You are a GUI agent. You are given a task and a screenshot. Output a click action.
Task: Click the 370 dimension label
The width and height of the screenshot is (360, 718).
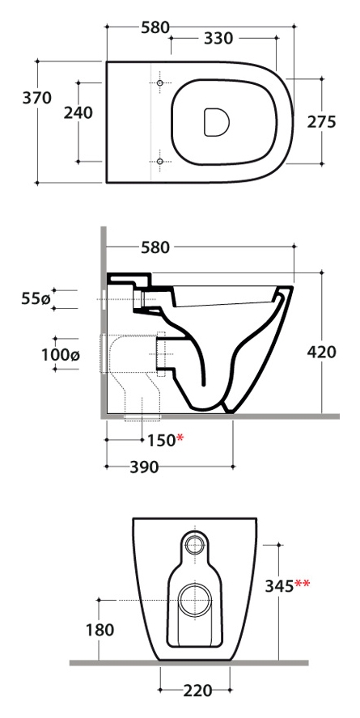coord(37,98)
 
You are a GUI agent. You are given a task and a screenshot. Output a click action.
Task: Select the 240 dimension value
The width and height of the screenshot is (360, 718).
coord(78,112)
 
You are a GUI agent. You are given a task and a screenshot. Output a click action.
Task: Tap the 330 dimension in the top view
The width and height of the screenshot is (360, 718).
coord(218,39)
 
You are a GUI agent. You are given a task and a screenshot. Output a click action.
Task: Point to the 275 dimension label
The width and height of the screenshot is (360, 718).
coord(321,122)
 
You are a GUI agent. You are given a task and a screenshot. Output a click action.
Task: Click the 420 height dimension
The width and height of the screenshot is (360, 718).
coord(321,353)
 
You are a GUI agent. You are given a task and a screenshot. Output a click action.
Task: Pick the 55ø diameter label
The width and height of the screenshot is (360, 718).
coord(36,299)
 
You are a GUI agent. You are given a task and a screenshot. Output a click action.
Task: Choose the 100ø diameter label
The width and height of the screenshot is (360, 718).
coord(61,354)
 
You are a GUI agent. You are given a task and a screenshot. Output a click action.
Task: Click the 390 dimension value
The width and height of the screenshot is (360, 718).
coord(144,467)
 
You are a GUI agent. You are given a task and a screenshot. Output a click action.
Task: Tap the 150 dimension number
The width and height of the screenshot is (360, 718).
coord(161,441)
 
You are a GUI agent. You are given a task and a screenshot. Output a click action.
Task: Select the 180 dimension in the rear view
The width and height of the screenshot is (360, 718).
coord(100,630)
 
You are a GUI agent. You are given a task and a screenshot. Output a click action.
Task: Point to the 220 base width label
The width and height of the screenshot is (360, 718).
coord(197,691)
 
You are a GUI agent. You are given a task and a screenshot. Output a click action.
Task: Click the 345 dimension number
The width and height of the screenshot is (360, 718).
coord(279,585)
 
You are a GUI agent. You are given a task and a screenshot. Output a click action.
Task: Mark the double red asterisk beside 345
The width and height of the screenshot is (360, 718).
coord(303,583)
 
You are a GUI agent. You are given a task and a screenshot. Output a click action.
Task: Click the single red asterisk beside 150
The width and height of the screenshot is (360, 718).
coord(180,438)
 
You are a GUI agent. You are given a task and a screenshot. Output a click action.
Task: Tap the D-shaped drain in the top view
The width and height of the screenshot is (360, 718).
coord(216,122)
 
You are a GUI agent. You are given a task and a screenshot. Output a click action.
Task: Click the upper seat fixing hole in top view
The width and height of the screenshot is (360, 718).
coord(159,83)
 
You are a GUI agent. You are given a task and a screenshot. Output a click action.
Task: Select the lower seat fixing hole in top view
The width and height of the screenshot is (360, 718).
coord(159,161)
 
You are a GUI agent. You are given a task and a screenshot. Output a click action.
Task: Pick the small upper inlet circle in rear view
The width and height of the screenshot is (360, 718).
coord(196,544)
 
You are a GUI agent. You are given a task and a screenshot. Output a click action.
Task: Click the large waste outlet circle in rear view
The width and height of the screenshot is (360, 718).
coord(196,600)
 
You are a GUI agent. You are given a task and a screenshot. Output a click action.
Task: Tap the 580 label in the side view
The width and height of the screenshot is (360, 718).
coord(155,247)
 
